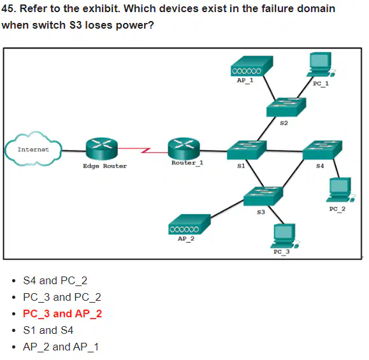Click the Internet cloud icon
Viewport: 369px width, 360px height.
point(33,149)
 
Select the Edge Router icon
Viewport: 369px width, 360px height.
point(102,148)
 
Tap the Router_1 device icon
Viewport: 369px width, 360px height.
point(184,148)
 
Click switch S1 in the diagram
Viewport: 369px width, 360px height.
point(247,150)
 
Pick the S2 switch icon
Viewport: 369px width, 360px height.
point(286,107)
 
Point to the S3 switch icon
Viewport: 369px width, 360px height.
point(263,196)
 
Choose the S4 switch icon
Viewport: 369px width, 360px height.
point(322,150)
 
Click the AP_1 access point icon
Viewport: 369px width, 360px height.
point(252,66)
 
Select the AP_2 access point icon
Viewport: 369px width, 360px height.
point(189,224)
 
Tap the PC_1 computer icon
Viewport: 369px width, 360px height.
point(321,64)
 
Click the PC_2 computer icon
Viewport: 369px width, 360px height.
point(341,190)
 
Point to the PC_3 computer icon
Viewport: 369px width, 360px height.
point(285,236)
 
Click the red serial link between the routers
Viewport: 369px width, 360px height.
point(143,150)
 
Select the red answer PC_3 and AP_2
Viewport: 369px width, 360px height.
point(62,314)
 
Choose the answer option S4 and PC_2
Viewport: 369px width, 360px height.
point(55,281)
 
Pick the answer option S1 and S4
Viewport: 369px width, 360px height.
point(48,330)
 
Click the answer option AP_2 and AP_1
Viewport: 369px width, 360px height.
point(61,347)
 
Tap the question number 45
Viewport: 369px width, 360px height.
point(8,9)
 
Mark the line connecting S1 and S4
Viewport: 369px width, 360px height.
point(284,151)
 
